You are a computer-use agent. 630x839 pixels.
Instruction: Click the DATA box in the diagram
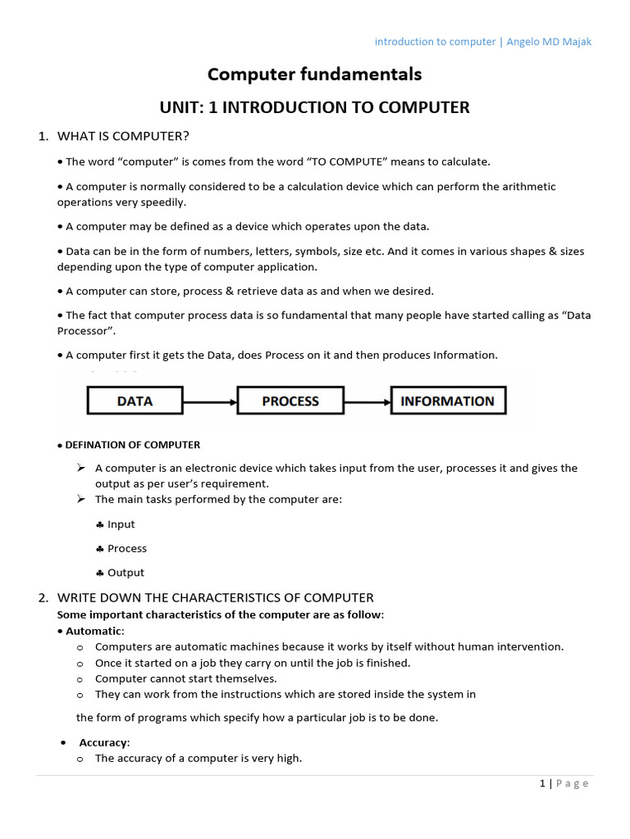(x=135, y=401)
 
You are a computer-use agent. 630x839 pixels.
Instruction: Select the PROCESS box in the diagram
(x=290, y=401)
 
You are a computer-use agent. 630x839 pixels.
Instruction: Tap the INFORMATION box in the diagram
(x=447, y=401)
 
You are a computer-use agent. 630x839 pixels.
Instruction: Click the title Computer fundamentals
(x=314, y=75)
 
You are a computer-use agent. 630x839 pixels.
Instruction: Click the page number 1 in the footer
(x=542, y=783)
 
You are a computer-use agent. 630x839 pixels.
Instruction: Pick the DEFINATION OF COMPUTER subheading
(x=132, y=445)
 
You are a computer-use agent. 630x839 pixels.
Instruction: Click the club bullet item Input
(x=121, y=524)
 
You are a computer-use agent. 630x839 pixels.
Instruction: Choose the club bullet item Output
(x=126, y=573)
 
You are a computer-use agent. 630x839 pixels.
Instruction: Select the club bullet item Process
(x=127, y=548)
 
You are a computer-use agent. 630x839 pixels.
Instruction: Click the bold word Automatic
(x=94, y=631)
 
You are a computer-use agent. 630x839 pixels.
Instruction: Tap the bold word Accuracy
(x=103, y=742)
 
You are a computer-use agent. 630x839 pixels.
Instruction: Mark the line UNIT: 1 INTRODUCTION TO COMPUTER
(x=314, y=107)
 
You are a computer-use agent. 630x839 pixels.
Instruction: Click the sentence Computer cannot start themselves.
(x=185, y=678)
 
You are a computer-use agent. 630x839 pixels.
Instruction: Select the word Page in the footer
(x=573, y=783)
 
